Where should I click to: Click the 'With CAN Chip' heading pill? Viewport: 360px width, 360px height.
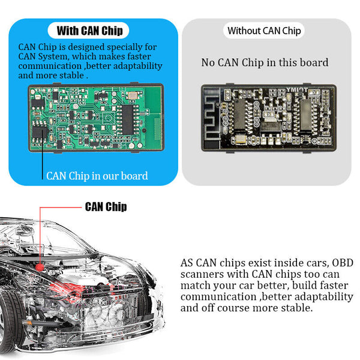pos(88,31)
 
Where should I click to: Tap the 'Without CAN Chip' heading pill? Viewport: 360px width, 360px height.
pos(264,31)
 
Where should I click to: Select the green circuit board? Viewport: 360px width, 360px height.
pos(96,118)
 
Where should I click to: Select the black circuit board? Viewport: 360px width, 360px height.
pos(269,118)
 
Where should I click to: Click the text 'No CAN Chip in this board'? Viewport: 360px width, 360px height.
pos(265,62)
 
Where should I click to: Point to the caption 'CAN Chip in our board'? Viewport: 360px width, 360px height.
pos(97,176)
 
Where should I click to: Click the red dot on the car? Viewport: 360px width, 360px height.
pos(40,267)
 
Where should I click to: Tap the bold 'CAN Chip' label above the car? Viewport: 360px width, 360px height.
pos(106,206)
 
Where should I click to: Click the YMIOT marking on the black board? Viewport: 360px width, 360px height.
pos(296,90)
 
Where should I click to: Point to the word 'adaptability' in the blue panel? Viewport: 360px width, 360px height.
pos(138,66)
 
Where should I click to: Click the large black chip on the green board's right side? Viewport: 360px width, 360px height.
pos(127,119)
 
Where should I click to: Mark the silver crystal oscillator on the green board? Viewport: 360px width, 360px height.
pos(133,95)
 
